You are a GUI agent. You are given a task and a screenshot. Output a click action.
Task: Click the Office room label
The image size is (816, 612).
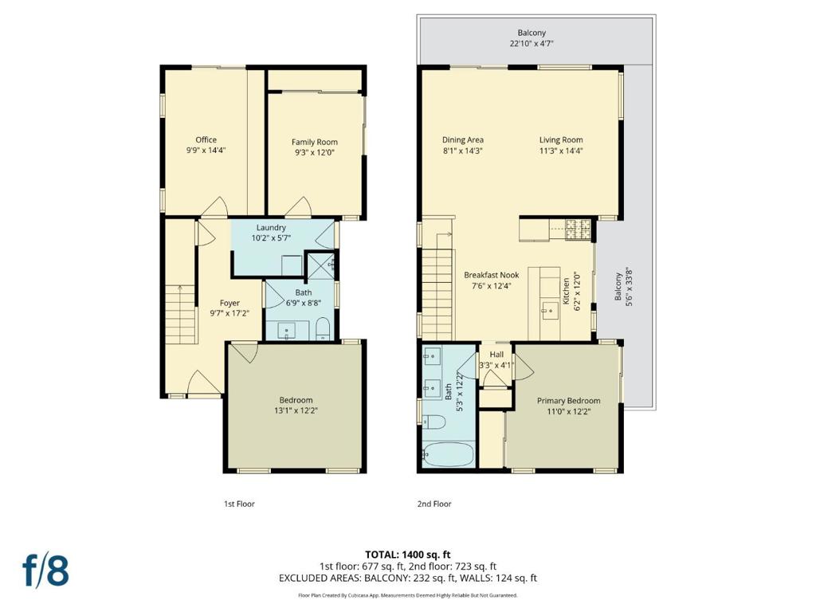click(x=206, y=139)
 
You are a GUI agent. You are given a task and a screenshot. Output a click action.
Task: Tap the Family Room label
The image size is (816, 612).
click(x=314, y=142)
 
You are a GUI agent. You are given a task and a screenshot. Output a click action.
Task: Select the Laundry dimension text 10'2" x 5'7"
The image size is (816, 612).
click(x=271, y=237)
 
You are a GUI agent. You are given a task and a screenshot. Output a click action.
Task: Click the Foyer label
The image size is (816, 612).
click(x=229, y=303)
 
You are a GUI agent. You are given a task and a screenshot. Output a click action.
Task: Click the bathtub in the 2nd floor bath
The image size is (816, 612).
click(x=449, y=454)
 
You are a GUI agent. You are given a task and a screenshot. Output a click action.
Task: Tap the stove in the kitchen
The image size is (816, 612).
click(x=579, y=229)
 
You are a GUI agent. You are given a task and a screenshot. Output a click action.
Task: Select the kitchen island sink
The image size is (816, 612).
click(x=549, y=312)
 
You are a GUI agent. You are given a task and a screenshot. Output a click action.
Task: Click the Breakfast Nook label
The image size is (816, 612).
click(x=491, y=275)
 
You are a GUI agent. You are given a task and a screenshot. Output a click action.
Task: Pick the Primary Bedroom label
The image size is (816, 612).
click(x=568, y=401)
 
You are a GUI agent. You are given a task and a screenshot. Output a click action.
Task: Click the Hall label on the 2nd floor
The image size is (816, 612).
click(x=496, y=355)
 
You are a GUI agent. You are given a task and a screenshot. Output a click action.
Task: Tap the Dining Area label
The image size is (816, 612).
click(x=463, y=139)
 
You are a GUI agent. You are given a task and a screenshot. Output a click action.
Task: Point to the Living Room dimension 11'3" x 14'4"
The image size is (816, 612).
click(x=561, y=151)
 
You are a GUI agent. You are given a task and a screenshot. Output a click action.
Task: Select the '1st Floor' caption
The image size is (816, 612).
click(x=239, y=504)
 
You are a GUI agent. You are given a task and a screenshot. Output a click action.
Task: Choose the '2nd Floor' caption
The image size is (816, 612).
click(x=434, y=504)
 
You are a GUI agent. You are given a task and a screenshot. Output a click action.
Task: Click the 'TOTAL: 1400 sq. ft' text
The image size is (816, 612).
click(x=407, y=555)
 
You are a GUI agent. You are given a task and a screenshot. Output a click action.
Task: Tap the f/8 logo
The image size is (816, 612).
click(x=45, y=571)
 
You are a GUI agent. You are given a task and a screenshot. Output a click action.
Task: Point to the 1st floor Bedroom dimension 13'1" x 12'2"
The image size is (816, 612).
click(x=296, y=410)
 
